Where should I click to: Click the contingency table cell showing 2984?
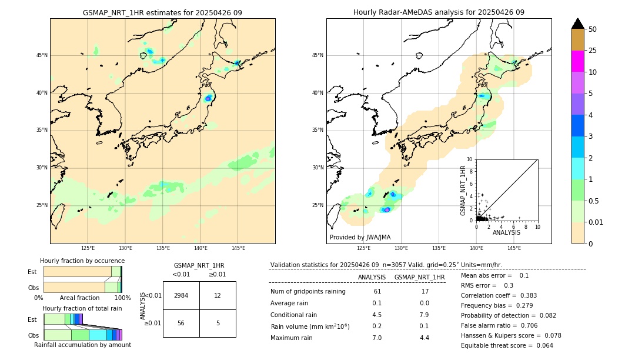(x=181, y=295)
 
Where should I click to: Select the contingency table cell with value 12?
(x=218, y=295)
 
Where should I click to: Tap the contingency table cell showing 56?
(x=181, y=323)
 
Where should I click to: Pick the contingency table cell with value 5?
(x=218, y=323)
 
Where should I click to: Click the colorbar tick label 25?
(x=593, y=51)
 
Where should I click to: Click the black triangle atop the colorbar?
(x=578, y=24)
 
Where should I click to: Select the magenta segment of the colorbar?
(x=578, y=61)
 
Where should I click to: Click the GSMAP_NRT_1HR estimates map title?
(x=162, y=12)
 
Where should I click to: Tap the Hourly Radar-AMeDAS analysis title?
(x=439, y=12)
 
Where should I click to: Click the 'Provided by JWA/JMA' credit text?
(x=360, y=238)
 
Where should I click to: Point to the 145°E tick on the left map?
(x=238, y=249)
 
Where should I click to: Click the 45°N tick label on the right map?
(x=317, y=55)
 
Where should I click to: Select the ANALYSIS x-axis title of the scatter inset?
(x=506, y=232)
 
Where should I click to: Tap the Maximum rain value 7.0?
(x=377, y=338)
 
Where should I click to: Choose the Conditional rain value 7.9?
(x=424, y=314)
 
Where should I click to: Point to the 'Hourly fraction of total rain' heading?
(x=82, y=308)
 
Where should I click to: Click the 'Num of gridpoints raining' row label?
(x=308, y=291)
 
